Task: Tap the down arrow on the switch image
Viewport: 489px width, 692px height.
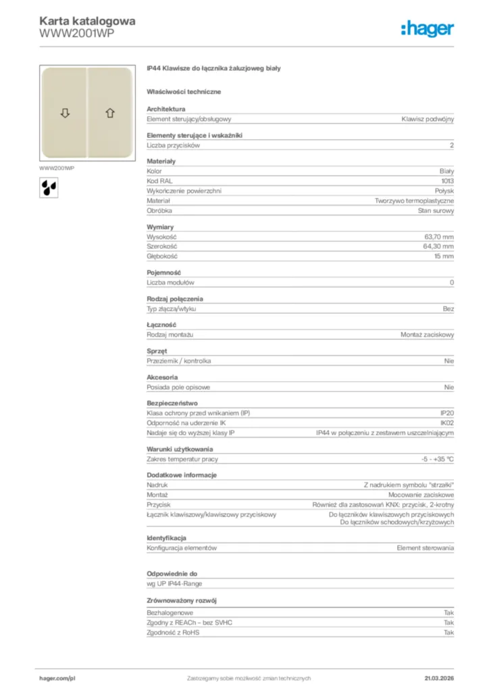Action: (x=65, y=113)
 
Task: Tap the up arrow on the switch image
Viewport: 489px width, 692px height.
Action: (x=109, y=113)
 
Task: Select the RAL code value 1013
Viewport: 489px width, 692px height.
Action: (x=447, y=181)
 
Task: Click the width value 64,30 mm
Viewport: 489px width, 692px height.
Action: (x=438, y=247)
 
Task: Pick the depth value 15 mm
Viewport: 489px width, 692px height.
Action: (x=444, y=257)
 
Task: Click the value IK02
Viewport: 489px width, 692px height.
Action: (x=447, y=422)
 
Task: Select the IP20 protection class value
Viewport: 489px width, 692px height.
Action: (x=447, y=412)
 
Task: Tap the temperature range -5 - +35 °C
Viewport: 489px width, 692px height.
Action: (x=437, y=459)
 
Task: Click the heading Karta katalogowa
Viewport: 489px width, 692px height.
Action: (x=87, y=21)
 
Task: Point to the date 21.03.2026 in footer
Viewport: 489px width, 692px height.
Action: (x=438, y=678)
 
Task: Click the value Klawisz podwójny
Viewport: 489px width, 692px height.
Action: (x=428, y=119)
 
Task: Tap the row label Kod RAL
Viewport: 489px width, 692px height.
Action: (x=158, y=181)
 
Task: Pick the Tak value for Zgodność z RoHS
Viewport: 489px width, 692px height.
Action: (x=448, y=633)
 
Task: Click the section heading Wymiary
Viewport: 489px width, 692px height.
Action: (x=160, y=227)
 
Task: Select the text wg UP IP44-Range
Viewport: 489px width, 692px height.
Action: (x=174, y=583)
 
